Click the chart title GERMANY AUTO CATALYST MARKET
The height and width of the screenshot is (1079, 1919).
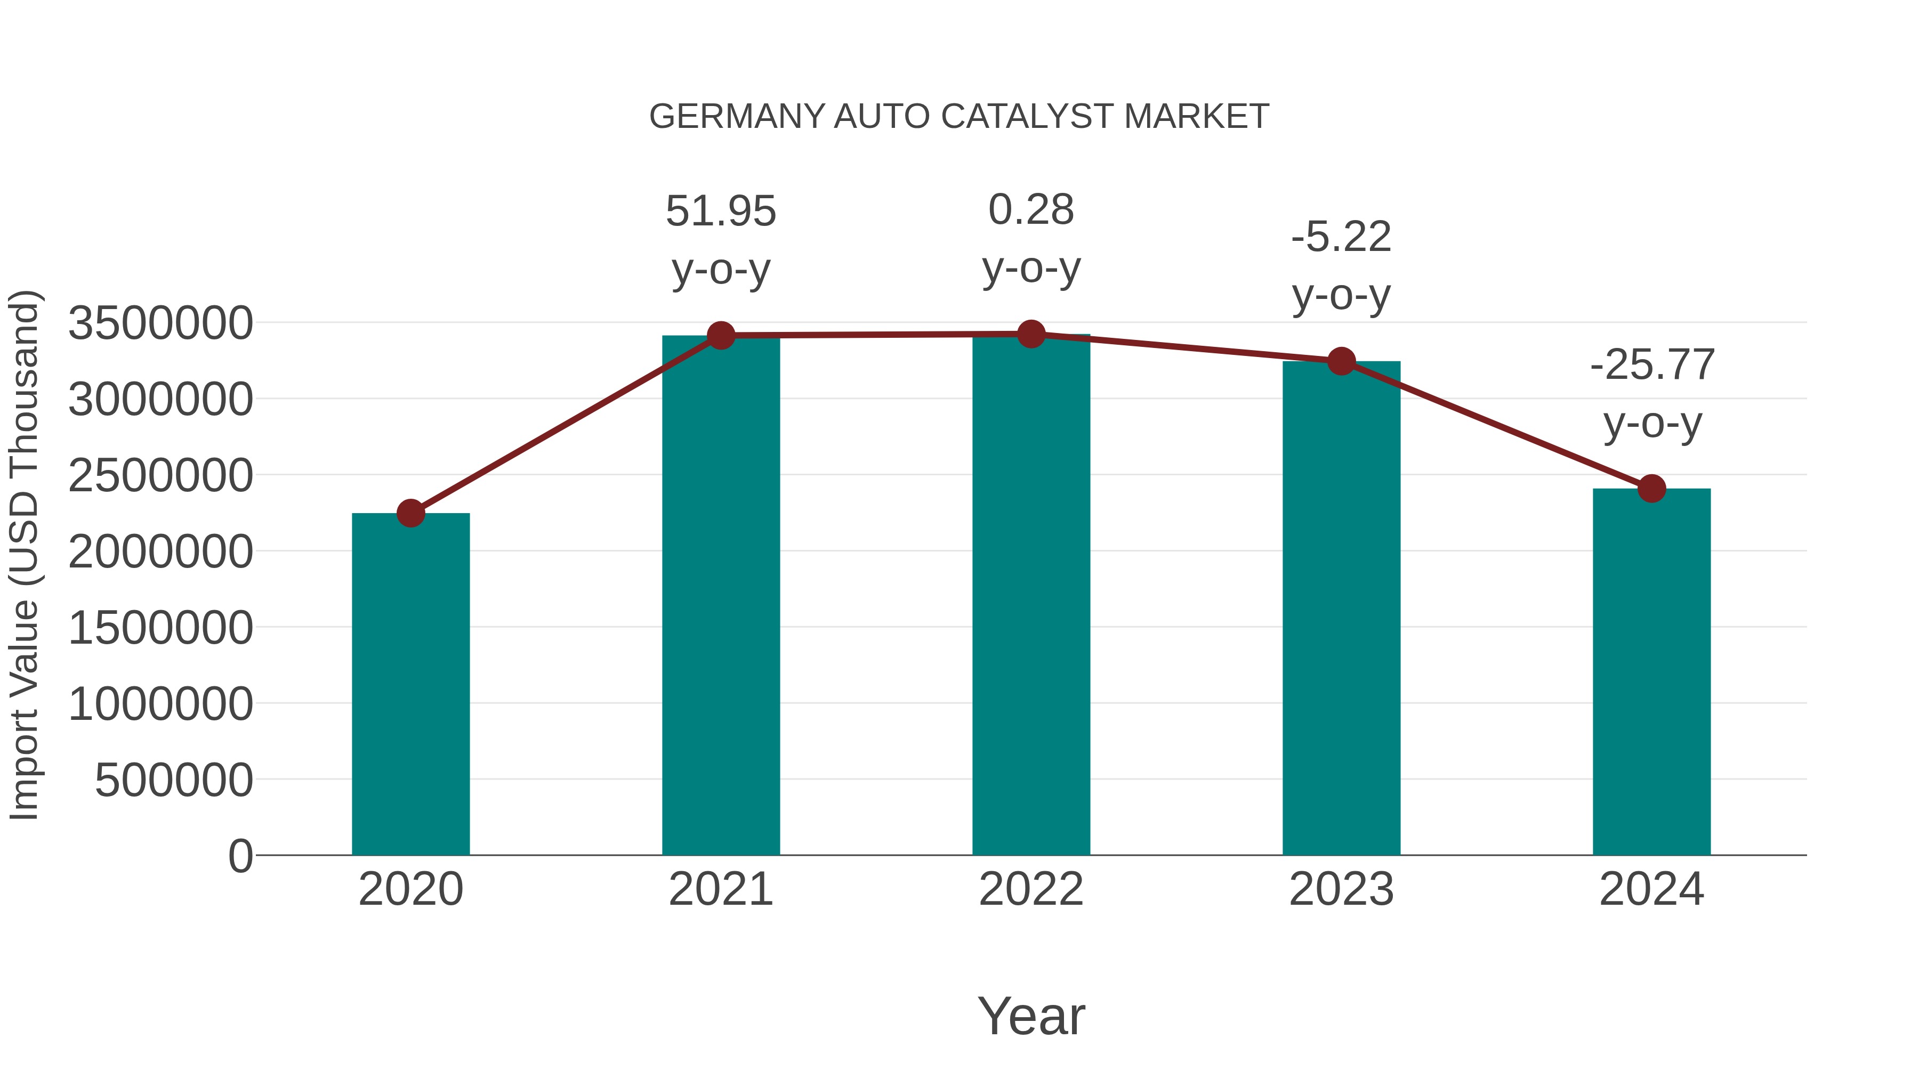point(959,117)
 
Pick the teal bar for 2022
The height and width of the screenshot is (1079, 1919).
point(1031,596)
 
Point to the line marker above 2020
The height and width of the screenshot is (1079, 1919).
point(410,513)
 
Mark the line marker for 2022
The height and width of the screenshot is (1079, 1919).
point(1031,334)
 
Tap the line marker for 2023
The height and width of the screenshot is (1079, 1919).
point(1341,361)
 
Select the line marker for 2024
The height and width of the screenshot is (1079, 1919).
point(1651,489)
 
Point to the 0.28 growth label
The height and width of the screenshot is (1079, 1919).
point(1031,210)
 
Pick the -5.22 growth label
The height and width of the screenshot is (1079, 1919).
point(1341,238)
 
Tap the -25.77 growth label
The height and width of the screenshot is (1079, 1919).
point(1651,365)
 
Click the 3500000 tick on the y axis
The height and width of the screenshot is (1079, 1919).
point(160,324)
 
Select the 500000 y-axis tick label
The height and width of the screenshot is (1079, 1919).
point(174,781)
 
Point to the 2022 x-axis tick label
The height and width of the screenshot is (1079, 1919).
point(1031,889)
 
